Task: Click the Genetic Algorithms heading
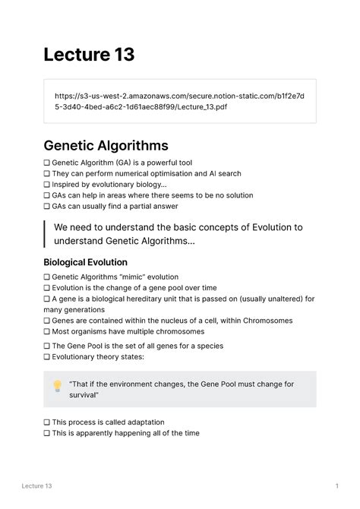coord(106,145)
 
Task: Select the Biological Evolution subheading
coord(85,262)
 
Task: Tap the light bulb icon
coord(56,386)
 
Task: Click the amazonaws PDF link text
coord(179,101)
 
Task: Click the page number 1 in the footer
coord(336,485)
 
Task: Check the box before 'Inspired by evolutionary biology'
coord(47,185)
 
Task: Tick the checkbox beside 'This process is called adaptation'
coord(47,422)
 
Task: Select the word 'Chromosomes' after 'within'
coord(261,321)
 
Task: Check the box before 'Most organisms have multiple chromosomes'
coord(47,331)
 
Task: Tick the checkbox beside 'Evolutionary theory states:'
coord(47,357)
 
